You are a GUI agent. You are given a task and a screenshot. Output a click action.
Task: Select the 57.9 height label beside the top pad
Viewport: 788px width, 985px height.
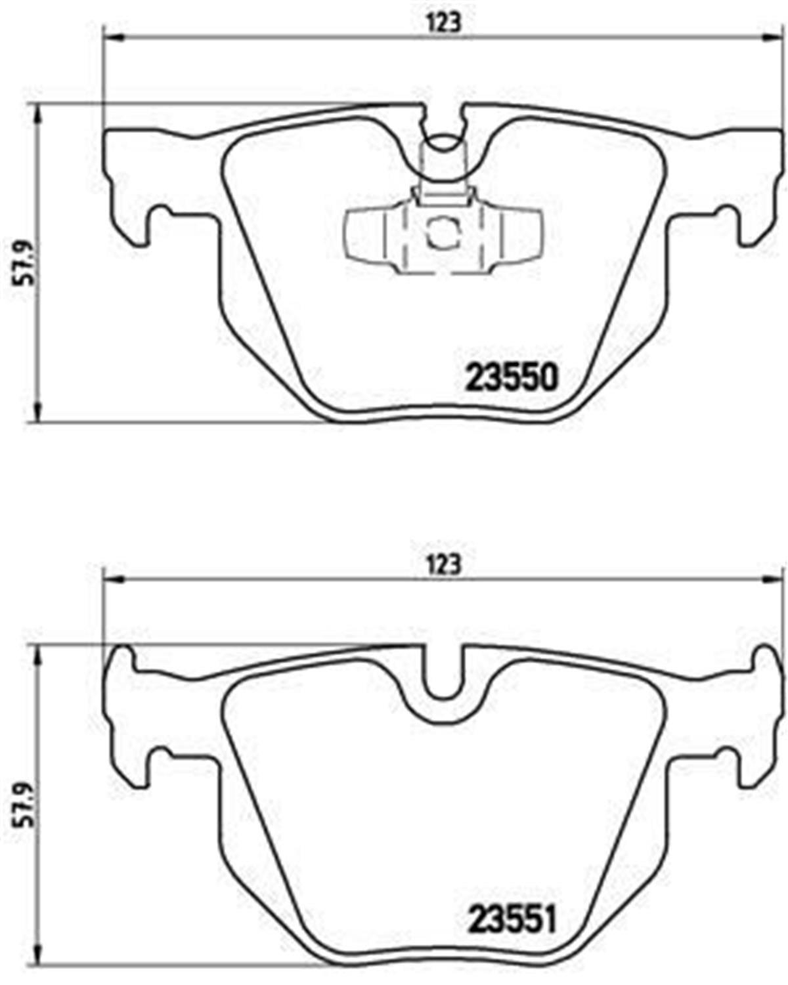click(x=26, y=262)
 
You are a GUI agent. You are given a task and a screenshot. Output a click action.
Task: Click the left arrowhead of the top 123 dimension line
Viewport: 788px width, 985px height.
click(x=113, y=37)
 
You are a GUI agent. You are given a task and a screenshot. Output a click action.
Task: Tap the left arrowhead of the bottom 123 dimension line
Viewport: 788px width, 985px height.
click(x=113, y=579)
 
